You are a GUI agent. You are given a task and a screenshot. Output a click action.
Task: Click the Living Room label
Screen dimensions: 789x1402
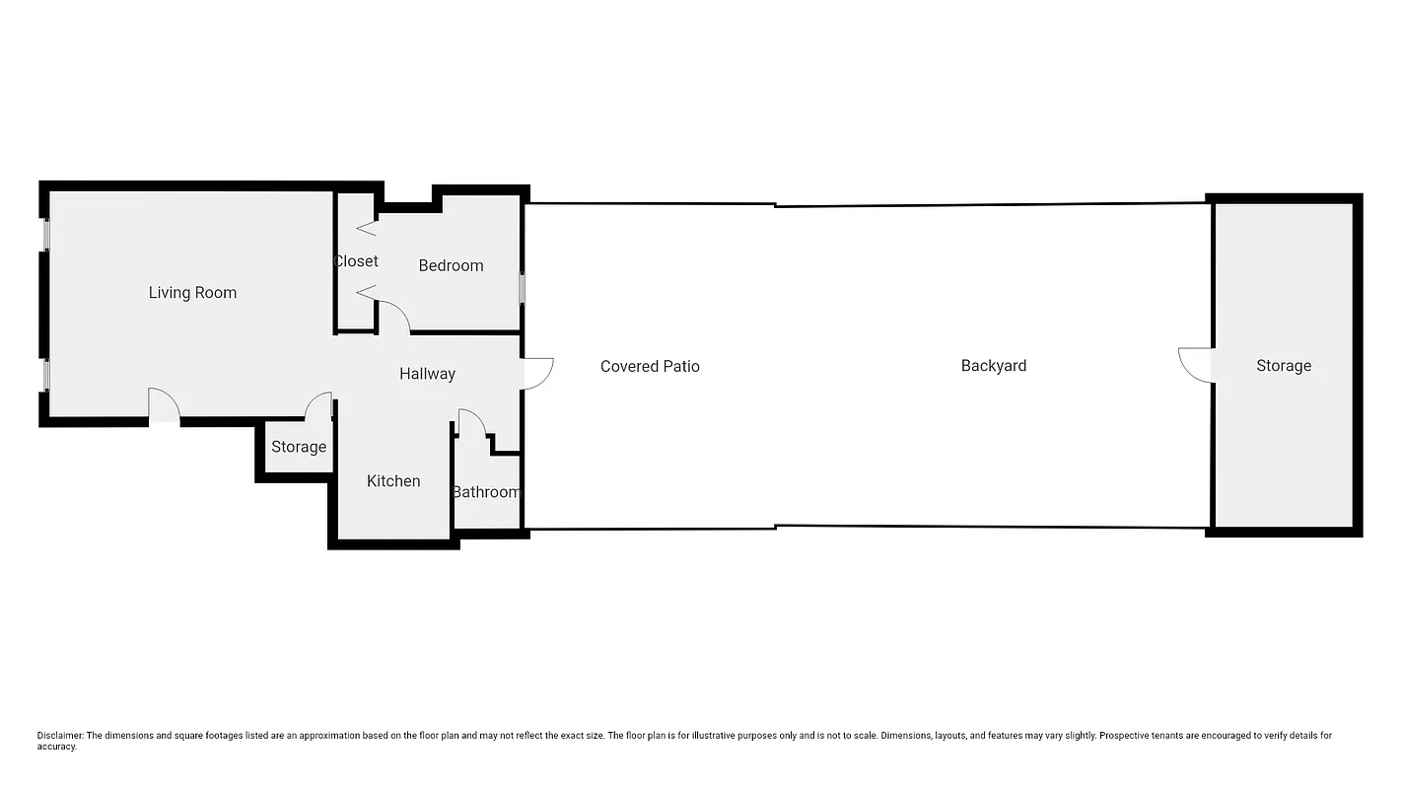click(192, 293)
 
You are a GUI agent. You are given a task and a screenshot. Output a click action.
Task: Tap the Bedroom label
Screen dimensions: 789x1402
click(451, 265)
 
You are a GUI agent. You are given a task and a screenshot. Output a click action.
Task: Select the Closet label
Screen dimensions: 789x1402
click(356, 261)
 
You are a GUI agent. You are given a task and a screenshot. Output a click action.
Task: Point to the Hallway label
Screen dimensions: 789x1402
click(427, 374)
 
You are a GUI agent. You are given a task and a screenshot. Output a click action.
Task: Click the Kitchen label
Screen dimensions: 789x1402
click(393, 481)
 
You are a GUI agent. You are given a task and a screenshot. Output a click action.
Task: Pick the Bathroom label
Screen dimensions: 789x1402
click(486, 492)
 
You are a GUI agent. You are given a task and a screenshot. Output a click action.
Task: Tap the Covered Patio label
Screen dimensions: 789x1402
click(650, 367)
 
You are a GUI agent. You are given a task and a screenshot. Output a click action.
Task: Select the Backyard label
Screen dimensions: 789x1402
click(993, 366)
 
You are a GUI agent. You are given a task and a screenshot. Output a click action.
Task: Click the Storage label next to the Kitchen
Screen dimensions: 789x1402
click(299, 447)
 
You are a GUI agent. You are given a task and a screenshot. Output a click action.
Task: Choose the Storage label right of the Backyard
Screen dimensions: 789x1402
click(1283, 366)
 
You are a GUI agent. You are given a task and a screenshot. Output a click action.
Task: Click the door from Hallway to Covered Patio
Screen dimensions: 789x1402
click(537, 373)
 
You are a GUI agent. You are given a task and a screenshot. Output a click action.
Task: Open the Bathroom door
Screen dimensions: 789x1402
click(471, 422)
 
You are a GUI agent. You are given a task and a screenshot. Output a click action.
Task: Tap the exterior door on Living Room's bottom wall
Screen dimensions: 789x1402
click(164, 406)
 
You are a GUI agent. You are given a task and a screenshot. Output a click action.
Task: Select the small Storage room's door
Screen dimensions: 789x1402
click(318, 407)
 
